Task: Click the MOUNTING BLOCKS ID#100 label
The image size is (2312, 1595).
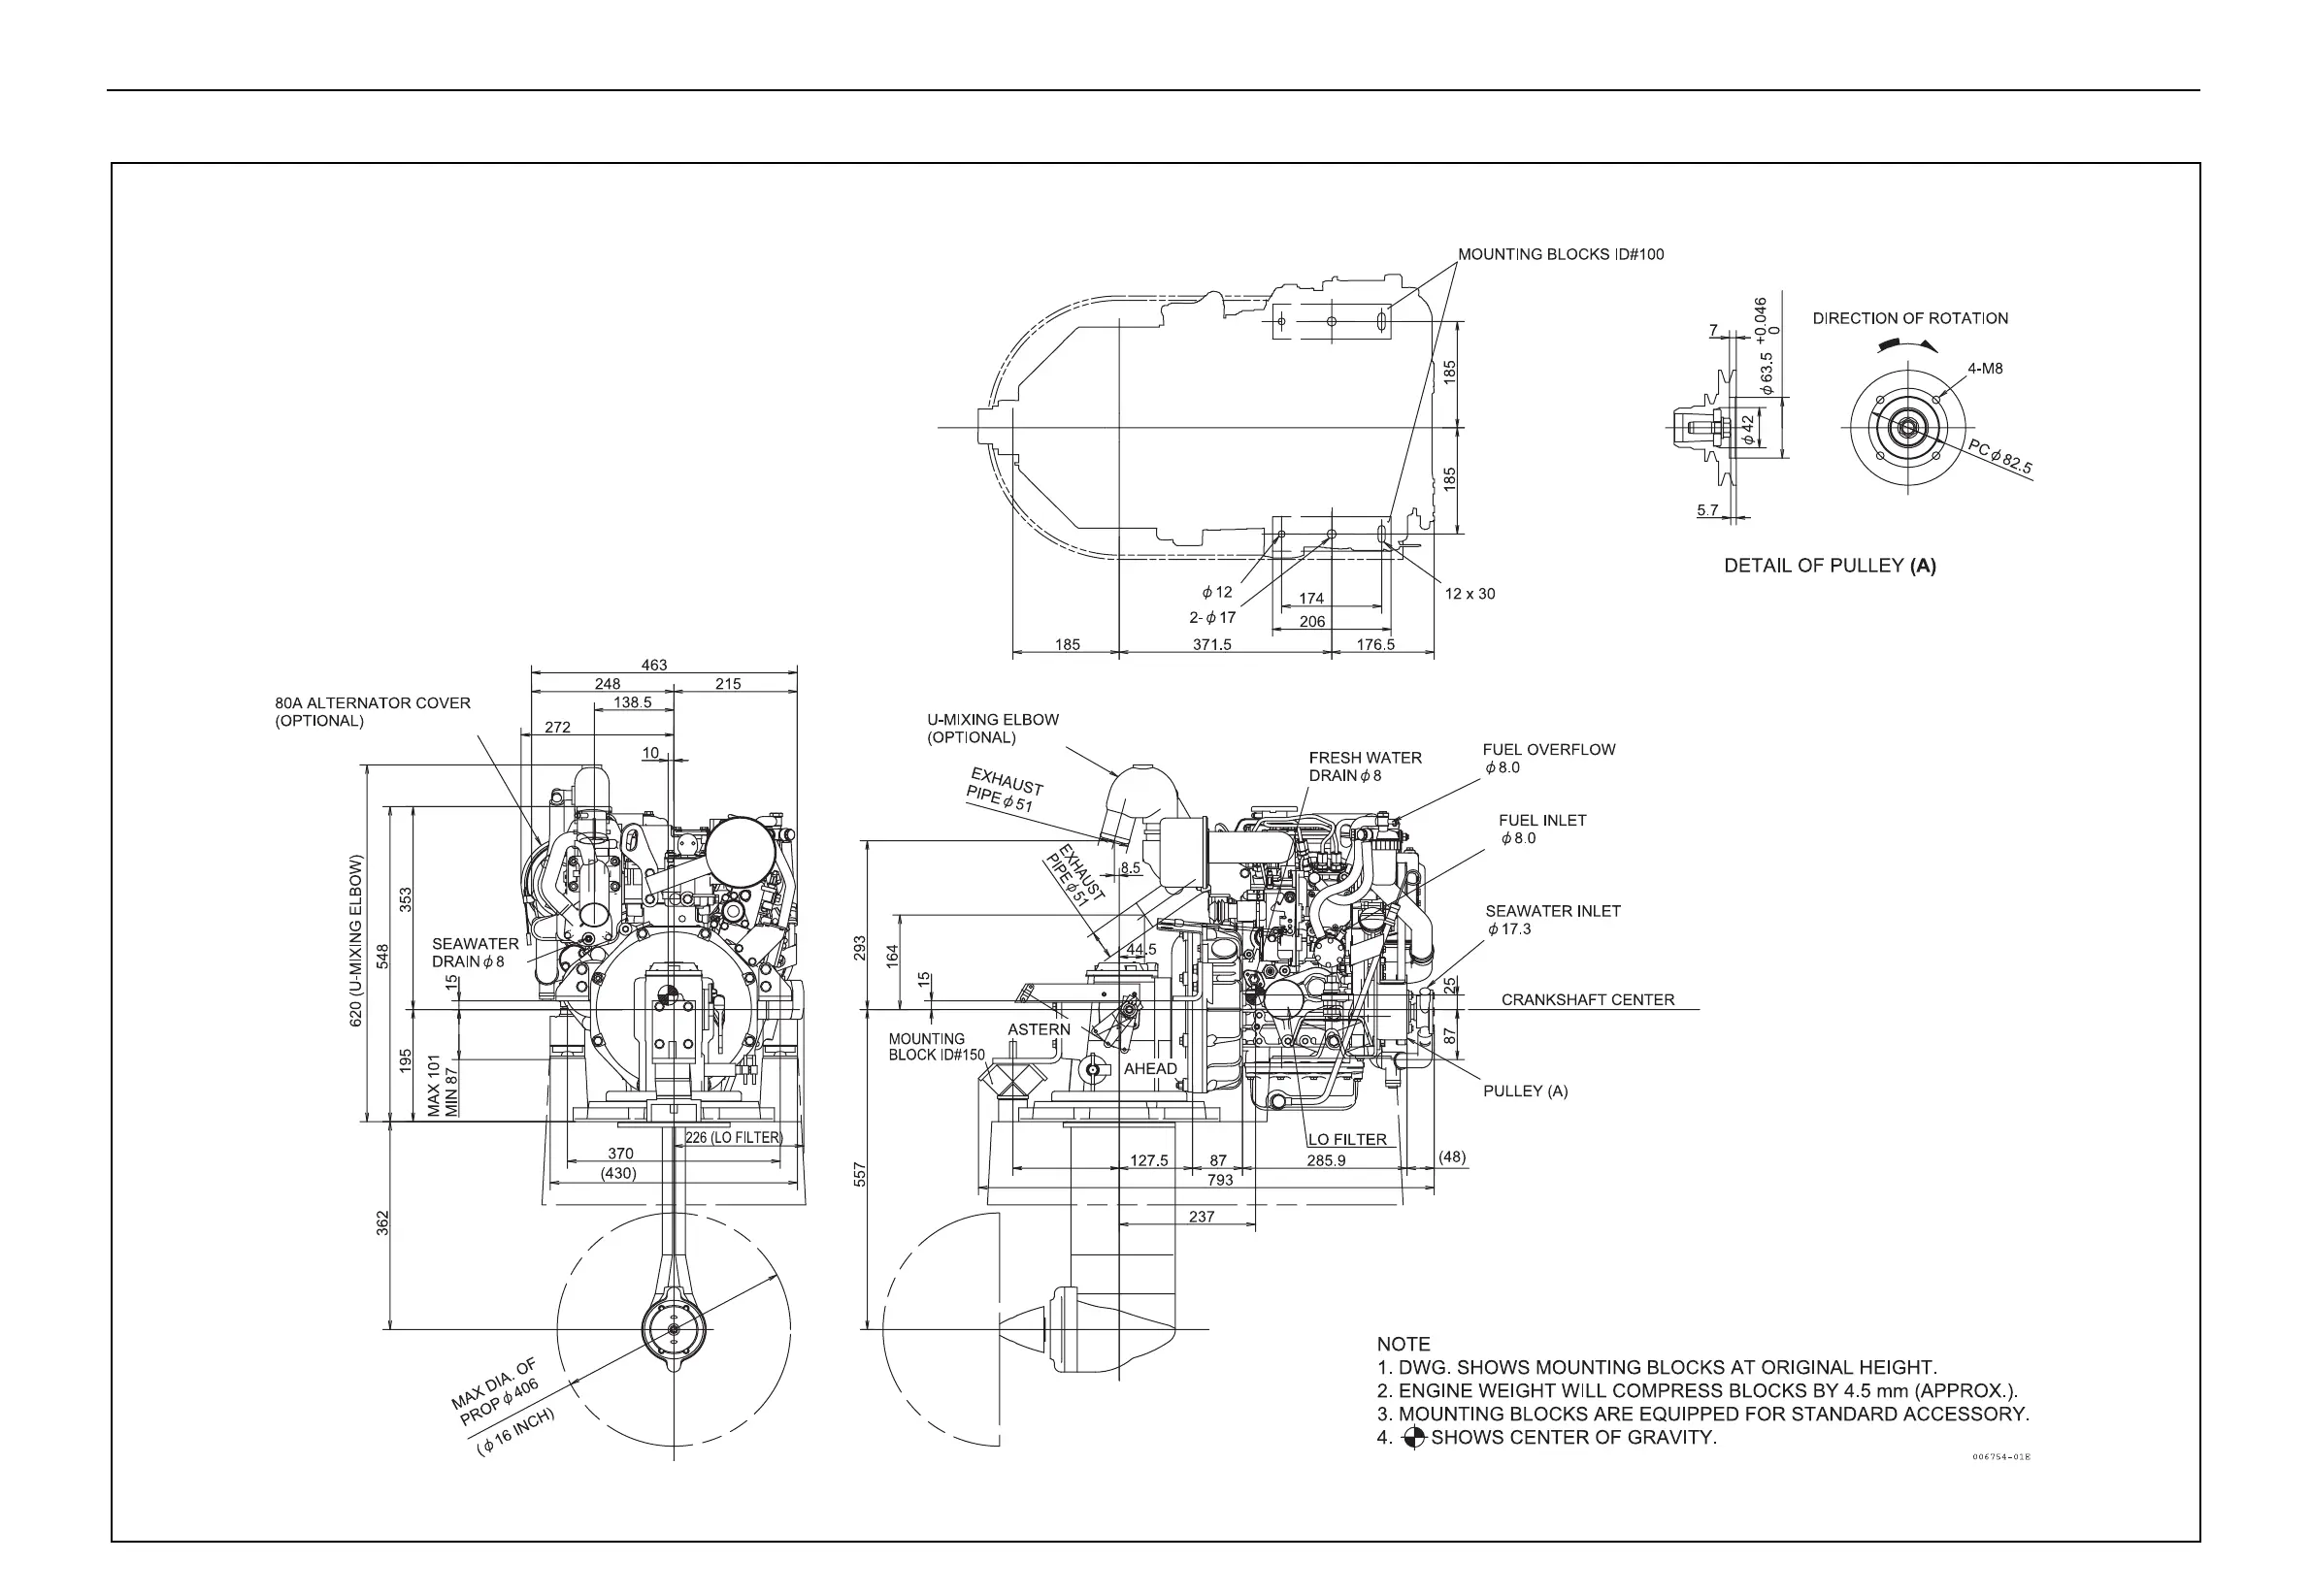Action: (x=1561, y=255)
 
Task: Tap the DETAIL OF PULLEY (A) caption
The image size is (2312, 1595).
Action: (x=1830, y=566)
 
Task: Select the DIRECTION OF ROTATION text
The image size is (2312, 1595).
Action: (x=1909, y=319)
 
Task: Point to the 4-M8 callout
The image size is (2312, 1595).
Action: (x=1985, y=369)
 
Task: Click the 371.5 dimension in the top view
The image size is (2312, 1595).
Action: (x=1211, y=644)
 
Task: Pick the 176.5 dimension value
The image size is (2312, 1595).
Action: (x=1375, y=644)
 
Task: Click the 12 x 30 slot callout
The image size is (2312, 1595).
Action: (x=1470, y=594)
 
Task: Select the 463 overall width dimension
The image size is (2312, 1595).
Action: (x=654, y=665)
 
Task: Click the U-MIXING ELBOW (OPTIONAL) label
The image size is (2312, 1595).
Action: (x=992, y=729)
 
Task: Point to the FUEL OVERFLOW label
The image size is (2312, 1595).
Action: (x=1548, y=751)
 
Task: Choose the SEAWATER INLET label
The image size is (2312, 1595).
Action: (x=1552, y=911)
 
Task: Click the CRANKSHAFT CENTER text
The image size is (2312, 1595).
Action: (x=1587, y=999)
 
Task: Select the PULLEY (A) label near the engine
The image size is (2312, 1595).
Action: (x=1526, y=1091)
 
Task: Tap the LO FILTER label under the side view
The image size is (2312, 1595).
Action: (x=1346, y=1139)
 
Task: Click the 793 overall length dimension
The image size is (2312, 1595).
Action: (x=1219, y=1181)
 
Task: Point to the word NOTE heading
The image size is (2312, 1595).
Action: (x=1403, y=1344)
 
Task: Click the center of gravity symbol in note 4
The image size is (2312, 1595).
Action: (x=1413, y=1438)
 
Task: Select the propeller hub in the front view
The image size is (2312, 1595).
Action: (x=673, y=1329)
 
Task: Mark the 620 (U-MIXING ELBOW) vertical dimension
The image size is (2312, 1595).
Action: (x=356, y=940)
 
